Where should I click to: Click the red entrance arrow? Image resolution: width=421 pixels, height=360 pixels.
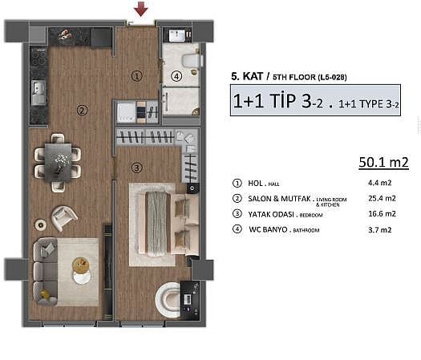[x=141, y=9]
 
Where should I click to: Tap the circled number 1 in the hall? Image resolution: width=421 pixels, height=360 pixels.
[x=137, y=76]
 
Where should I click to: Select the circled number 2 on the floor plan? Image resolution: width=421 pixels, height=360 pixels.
[x=82, y=111]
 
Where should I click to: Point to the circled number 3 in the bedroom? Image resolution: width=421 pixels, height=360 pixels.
[x=136, y=168]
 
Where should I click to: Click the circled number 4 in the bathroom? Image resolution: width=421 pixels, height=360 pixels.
[x=176, y=77]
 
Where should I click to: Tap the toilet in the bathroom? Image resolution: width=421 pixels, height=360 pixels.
[x=191, y=60]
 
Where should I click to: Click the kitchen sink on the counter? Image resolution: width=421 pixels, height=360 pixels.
[x=38, y=93]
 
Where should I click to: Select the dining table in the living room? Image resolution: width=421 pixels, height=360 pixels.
[x=59, y=162]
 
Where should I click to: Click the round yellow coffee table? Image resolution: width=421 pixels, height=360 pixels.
[x=80, y=265]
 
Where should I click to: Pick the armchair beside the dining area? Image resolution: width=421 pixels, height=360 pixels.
[x=64, y=218]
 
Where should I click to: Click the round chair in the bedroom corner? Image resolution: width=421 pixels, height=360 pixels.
[x=168, y=300]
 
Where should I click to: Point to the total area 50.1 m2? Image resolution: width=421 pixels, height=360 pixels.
[x=383, y=162]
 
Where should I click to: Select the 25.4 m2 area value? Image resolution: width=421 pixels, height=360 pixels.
[x=382, y=198]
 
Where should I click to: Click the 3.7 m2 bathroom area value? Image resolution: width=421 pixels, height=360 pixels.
[x=380, y=230]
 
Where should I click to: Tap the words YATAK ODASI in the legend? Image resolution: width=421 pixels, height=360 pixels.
[x=271, y=215]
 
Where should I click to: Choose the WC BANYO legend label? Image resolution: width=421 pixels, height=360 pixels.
[x=268, y=229]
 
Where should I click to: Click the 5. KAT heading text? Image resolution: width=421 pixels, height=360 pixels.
[x=247, y=76]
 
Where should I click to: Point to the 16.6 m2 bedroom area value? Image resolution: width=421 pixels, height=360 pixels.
[x=382, y=214]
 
